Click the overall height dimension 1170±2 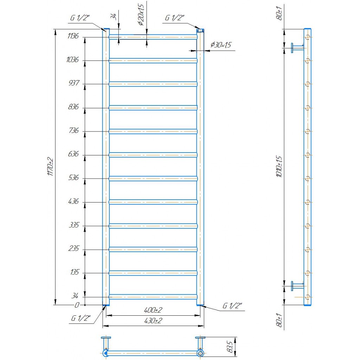(x=50, y=167)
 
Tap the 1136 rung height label (x=73, y=36)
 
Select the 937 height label (x=74, y=83)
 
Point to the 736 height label (x=74, y=130)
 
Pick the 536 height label (x=73, y=178)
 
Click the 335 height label (x=74, y=225)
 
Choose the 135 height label (x=75, y=272)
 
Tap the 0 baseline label (x=77, y=305)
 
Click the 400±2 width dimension (x=153, y=310)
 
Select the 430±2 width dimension (x=153, y=321)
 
